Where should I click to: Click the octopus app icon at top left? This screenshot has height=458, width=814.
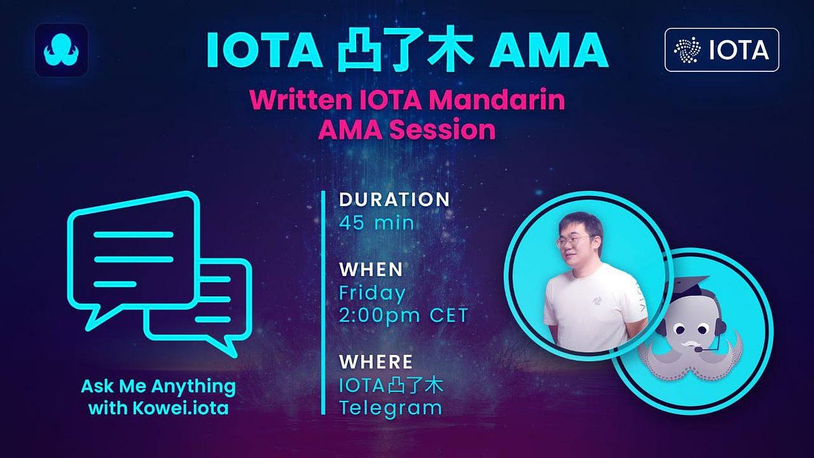pyautogui.click(x=60, y=50)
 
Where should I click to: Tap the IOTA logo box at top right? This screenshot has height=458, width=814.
pyautogui.click(x=721, y=50)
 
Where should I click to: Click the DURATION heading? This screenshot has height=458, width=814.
pyautogui.click(x=394, y=199)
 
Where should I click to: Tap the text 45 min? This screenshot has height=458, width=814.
pyautogui.click(x=376, y=223)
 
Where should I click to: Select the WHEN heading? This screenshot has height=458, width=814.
pyautogui.click(x=371, y=269)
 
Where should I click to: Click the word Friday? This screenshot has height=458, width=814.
pyautogui.click(x=372, y=293)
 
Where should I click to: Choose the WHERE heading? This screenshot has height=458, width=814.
pyautogui.click(x=376, y=361)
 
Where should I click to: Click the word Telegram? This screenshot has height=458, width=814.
pyautogui.click(x=390, y=408)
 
